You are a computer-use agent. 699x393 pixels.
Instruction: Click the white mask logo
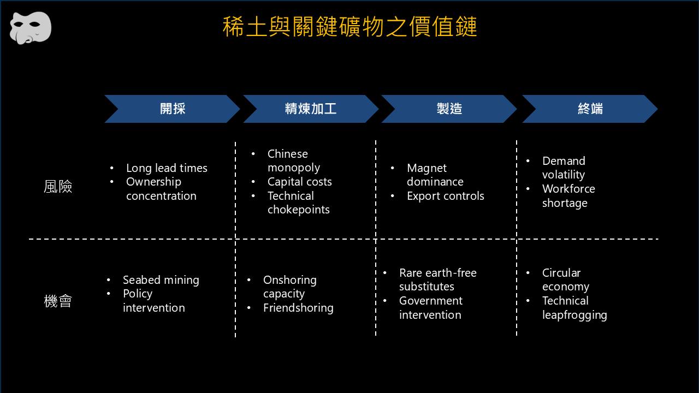tap(31, 28)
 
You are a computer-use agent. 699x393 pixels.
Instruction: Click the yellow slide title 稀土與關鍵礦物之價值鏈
tap(349, 27)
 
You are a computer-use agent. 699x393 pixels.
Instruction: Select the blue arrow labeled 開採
tap(172, 109)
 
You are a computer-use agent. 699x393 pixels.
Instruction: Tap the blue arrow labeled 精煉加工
tap(311, 109)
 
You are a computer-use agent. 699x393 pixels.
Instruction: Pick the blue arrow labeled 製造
tap(449, 109)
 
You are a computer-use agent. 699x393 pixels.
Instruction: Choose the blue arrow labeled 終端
tap(590, 109)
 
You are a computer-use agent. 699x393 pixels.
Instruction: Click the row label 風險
tap(58, 187)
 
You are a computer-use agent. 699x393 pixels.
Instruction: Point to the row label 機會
tap(58, 301)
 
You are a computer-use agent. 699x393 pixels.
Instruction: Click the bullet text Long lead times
tap(167, 168)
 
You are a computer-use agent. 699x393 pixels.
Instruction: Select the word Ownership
tap(153, 182)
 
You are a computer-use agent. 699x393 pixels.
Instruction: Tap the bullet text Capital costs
tap(300, 182)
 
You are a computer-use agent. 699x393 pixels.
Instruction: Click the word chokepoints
tap(299, 210)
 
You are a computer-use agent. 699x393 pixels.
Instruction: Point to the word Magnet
tap(426, 169)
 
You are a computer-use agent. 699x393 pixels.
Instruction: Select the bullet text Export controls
tap(445, 196)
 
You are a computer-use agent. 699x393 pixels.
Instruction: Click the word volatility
tap(564, 175)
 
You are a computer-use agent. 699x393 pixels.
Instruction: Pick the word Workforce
tap(568, 189)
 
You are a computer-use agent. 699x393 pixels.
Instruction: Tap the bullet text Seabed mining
tap(161, 280)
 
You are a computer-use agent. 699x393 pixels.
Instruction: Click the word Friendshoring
tap(298, 308)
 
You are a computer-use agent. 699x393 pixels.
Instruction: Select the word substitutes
tap(426, 287)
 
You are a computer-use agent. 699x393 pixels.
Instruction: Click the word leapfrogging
tap(574, 315)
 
